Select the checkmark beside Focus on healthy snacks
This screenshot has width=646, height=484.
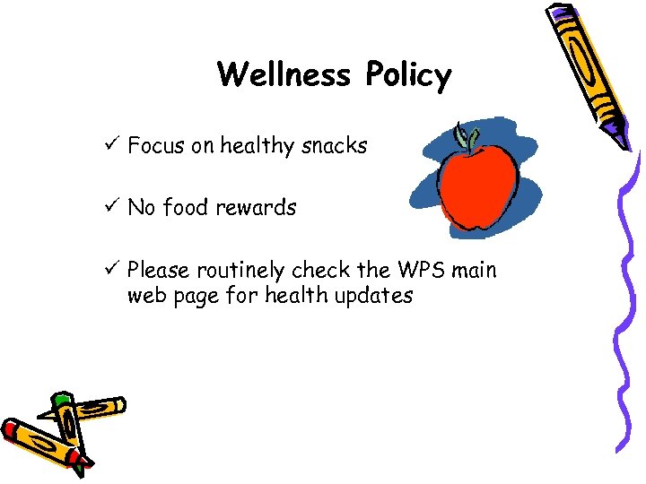pos(112,145)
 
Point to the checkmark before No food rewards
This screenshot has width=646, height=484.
pos(112,207)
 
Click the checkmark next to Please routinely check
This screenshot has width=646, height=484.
pos(112,270)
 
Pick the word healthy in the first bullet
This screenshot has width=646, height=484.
pos(253,146)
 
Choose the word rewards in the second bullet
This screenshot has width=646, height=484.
pos(256,208)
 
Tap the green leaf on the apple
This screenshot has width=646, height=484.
pos(466,135)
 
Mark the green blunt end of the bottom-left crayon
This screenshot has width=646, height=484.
pos(60,399)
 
